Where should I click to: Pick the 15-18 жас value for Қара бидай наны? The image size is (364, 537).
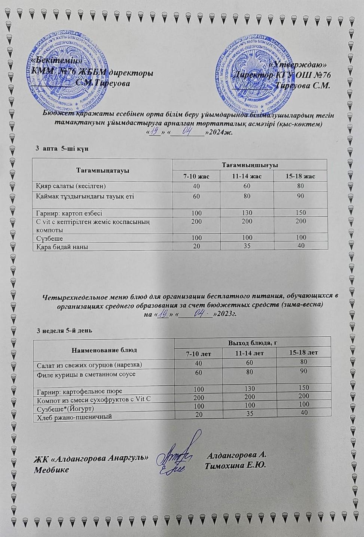point(300,246)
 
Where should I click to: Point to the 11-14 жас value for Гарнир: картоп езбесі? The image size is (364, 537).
point(247,212)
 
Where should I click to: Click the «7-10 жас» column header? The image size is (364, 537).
point(196,176)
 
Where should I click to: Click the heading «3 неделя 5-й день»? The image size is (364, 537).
point(64,331)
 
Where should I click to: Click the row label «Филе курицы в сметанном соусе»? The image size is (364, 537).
point(86,374)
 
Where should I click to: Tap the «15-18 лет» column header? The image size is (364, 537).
point(304,352)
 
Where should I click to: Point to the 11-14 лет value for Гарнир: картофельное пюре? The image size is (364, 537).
point(250,389)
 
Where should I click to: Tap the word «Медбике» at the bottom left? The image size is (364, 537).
point(51,470)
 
